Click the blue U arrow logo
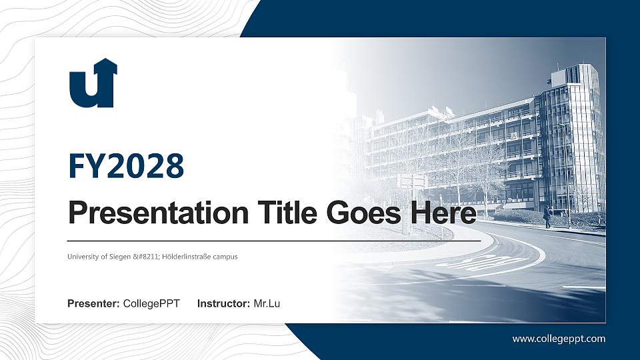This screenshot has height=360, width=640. click(x=93, y=83)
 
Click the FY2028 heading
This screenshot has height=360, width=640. click(x=126, y=166)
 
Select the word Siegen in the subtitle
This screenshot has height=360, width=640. click(x=121, y=256)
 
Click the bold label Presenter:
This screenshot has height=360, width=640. click(x=93, y=304)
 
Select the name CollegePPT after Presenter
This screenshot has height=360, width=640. click(x=151, y=304)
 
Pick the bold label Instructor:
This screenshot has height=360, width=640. click(x=224, y=304)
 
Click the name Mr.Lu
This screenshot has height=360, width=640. click(x=267, y=304)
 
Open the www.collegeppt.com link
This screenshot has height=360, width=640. click(x=559, y=339)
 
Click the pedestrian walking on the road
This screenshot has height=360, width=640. click(x=547, y=217)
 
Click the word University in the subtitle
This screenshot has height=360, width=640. click(x=83, y=256)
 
